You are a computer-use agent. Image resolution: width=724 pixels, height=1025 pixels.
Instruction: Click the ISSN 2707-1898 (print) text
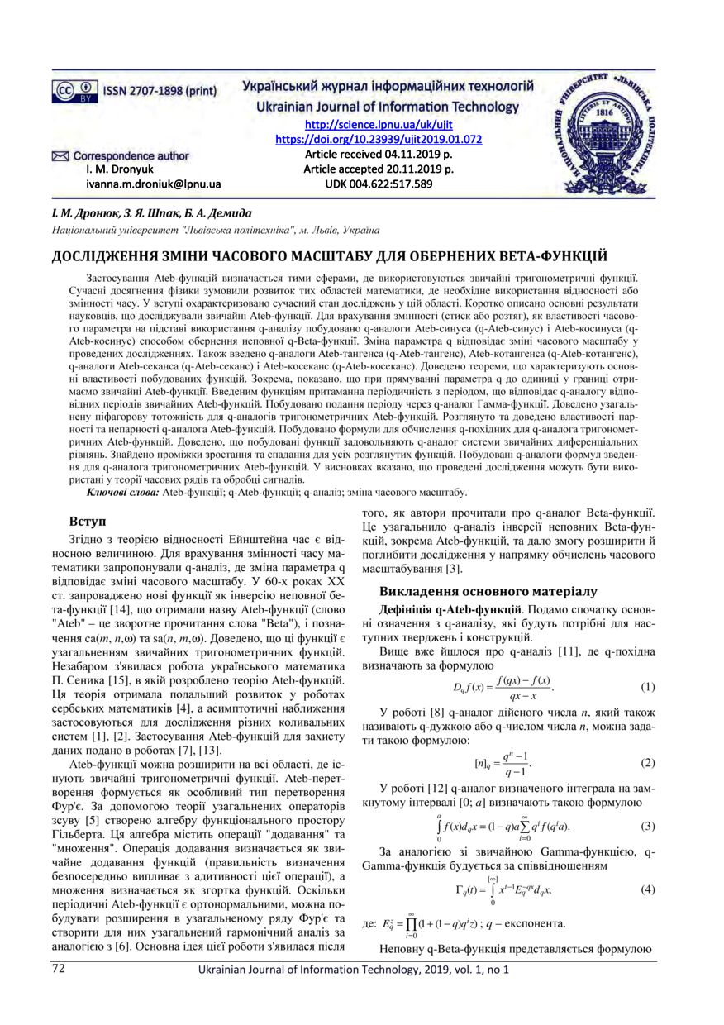point(159,90)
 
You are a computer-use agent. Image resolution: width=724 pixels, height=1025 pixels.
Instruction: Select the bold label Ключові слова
point(123,493)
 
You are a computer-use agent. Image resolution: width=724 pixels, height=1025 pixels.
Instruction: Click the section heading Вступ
point(90,522)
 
